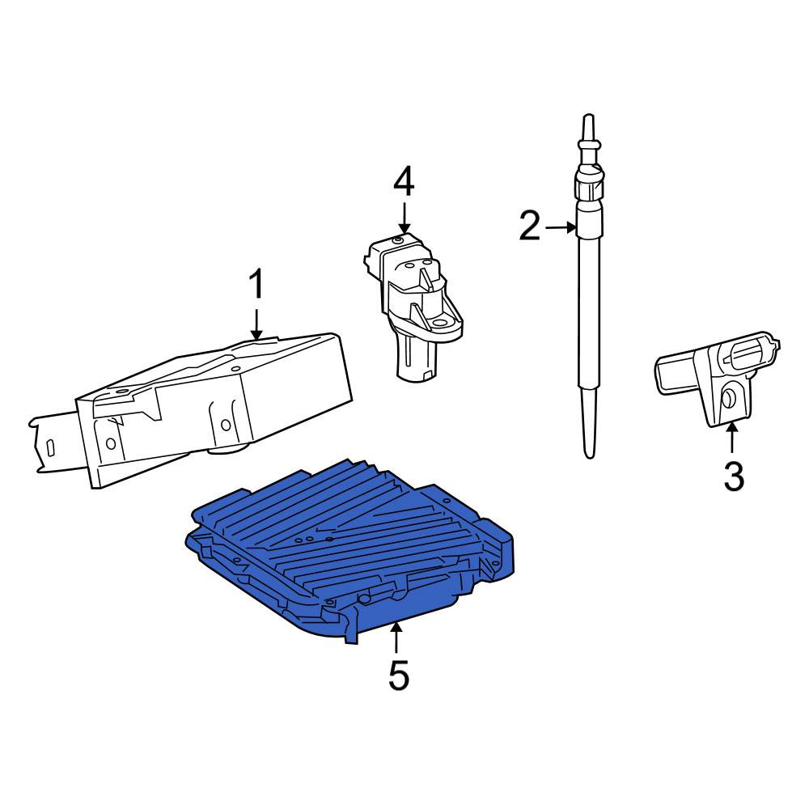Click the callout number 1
[x=257, y=284]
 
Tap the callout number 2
[x=530, y=226]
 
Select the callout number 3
[x=734, y=477]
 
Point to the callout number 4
[x=404, y=182]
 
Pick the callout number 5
[x=399, y=676]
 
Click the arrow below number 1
[x=256, y=324]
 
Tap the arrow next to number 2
[x=561, y=227]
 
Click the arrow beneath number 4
[x=404, y=218]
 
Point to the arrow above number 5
[x=396, y=637]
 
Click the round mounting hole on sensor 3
[x=730, y=398]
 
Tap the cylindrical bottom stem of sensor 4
[x=417, y=360]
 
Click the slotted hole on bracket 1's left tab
[x=50, y=447]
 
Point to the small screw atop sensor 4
[x=396, y=240]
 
